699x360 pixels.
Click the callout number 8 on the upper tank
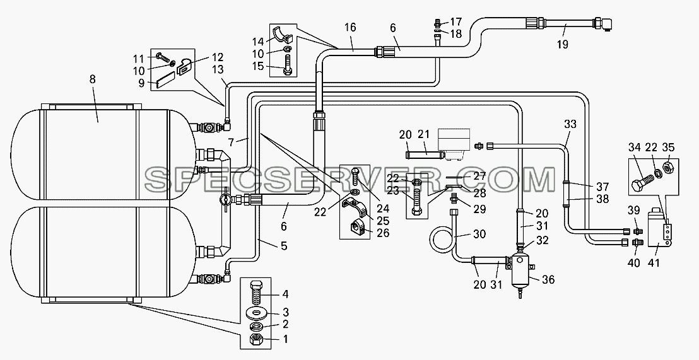[92, 79]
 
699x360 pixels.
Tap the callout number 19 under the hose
[563, 44]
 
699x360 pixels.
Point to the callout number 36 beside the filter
[548, 280]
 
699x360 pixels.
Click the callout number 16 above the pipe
[350, 28]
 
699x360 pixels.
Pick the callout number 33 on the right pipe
[570, 125]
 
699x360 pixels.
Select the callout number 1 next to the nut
[285, 339]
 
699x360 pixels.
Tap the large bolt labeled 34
[642, 182]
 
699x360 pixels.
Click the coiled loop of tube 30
[442, 241]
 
